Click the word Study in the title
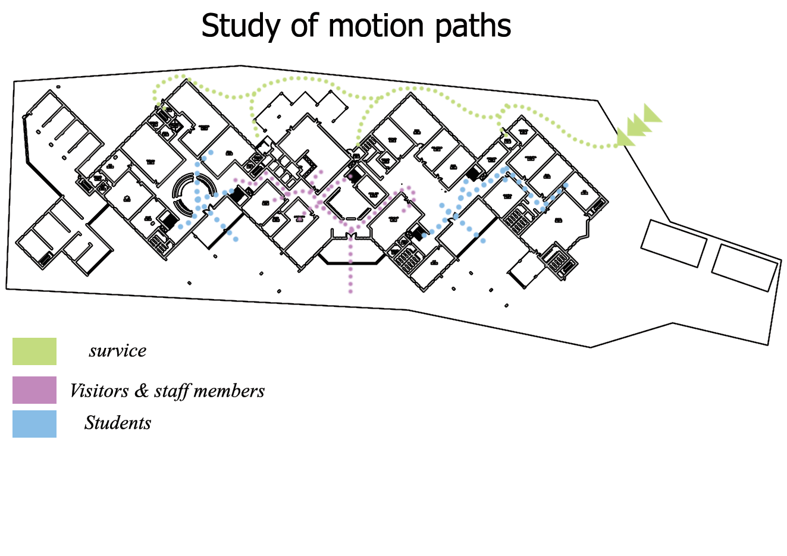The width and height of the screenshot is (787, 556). tap(241, 26)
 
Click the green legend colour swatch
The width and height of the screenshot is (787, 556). tap(35, 351)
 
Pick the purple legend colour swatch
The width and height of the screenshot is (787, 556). tap(35, 390)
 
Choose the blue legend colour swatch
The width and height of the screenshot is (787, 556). tap(35, 424)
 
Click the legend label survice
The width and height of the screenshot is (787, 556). tap(117, 351)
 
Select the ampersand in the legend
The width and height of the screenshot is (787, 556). tap(141, 391)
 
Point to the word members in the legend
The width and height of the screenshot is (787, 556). tap(229, 391)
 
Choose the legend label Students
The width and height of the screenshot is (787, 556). tap(118, 423)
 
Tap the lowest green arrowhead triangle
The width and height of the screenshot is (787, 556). tap(624, 138)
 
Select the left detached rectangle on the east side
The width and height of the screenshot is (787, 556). tap(673, 243)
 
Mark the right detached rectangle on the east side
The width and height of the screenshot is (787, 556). tap(744, 267)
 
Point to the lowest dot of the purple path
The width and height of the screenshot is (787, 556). tap(350, 291)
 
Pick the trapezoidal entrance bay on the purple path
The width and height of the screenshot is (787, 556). tap(350, 251)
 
